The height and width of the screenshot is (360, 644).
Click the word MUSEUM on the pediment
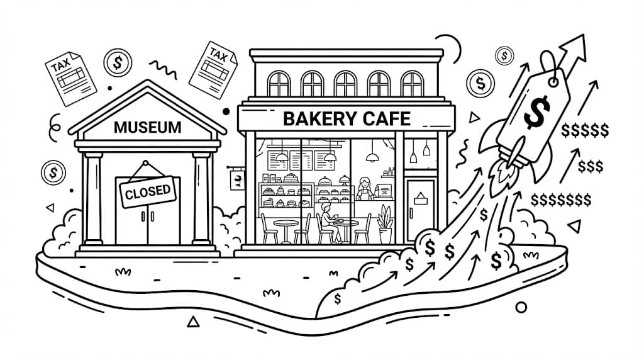(147, 127)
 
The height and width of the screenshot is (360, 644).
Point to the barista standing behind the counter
(364, 188)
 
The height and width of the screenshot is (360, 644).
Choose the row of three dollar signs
(591, 166)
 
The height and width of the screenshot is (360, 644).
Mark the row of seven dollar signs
(561, 200)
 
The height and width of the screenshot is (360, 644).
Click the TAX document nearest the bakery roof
(213, 70)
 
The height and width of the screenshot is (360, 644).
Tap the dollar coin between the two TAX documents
(118, 63)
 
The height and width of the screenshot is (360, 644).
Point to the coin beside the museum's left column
(53, 172)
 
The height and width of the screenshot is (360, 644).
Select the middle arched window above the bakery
(345, 84)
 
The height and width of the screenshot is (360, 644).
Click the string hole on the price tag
(553, 82)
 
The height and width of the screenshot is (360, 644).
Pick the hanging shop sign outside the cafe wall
(237, 179)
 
